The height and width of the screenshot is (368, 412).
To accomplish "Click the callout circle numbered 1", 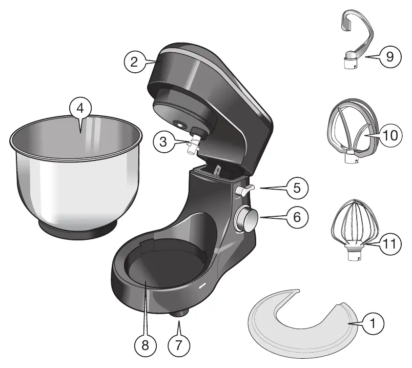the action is point(373,323).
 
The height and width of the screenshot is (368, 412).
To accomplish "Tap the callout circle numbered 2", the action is point(134,62).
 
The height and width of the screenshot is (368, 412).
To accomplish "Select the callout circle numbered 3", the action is point(163,142).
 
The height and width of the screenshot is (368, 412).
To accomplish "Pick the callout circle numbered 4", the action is point(80,108).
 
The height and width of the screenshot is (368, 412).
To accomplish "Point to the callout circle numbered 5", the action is point(297,188).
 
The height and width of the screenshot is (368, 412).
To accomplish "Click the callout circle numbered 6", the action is point(297,217).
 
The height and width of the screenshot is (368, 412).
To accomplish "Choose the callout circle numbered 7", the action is point(179,345).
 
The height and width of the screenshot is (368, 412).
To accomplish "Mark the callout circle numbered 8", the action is point(146,345).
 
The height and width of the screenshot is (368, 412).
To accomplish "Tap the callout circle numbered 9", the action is point(390,56).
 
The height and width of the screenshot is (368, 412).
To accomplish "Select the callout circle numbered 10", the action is point(390,136).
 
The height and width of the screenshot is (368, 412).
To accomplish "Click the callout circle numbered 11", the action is point(390,243).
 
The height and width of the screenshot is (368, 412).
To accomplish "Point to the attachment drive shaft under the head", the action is point(193,145).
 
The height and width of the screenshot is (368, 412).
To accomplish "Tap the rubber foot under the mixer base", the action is point(180,314).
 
